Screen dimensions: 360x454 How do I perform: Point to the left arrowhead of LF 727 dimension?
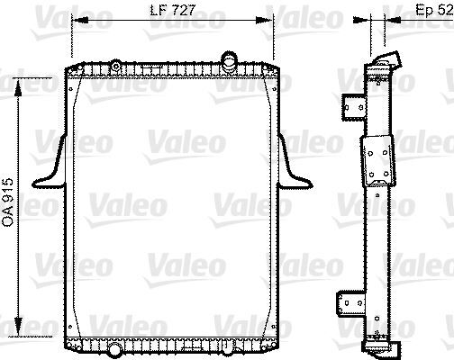(x=75, y=18)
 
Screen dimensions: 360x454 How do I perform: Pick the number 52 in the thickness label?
(x=444, y=10)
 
